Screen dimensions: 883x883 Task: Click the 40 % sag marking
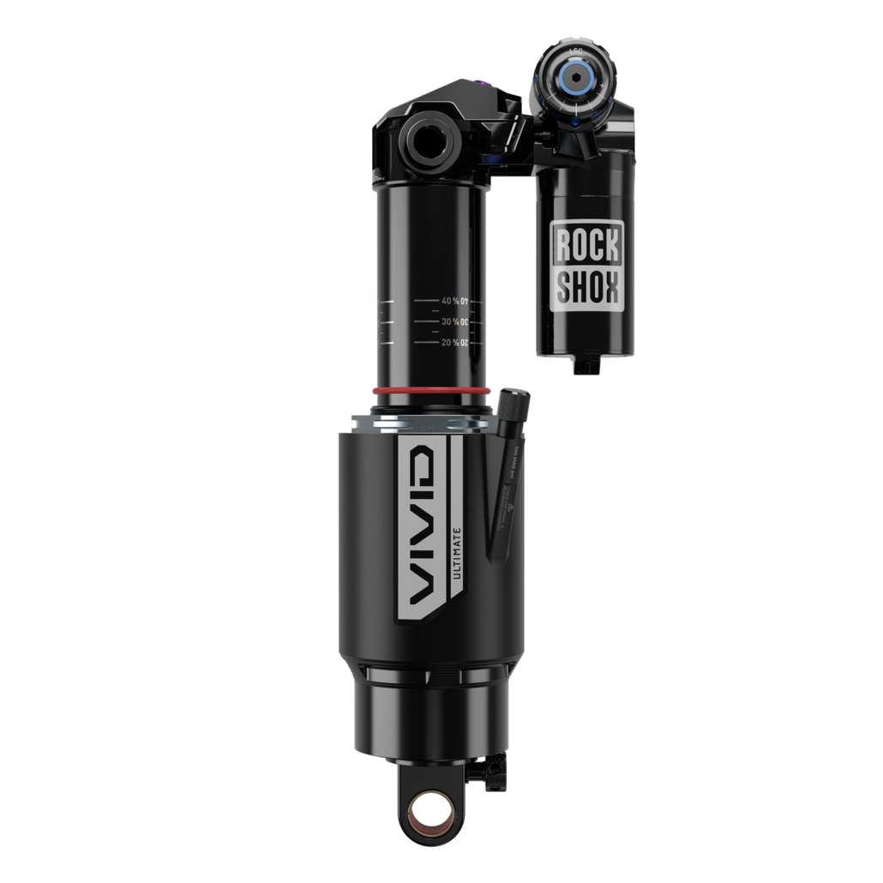coord(454,302)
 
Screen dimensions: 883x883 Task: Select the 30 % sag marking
coord(454,322)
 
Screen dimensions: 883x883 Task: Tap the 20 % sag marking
coord(454,343)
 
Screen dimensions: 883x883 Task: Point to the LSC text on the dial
coord(575,51)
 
